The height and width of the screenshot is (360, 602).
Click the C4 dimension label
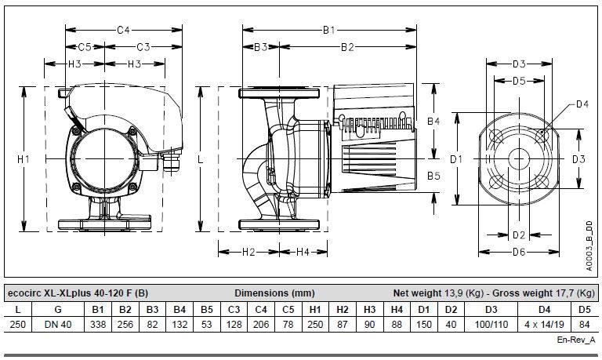point(124,30)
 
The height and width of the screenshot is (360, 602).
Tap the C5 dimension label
point(85,47)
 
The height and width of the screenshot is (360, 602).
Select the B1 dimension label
point(329,30)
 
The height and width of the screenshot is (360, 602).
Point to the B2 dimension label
point(347,47)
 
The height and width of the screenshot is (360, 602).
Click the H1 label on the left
point(24,158)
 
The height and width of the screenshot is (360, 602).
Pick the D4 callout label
point(582,104)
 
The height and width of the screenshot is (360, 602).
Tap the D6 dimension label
point(519,252)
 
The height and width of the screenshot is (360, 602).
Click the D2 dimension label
point(519,235)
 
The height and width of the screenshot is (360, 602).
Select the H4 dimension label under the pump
point(303,252)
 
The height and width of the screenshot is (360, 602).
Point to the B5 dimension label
point(433,176)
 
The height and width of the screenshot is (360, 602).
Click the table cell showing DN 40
point(58,324)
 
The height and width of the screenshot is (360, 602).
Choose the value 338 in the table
point(98,324)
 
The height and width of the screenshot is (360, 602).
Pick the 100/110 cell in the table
point(491,324)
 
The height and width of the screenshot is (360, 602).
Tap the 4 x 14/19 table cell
point(545,324)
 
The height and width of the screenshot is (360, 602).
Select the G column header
point(58,309)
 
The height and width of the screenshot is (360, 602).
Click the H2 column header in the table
point(343,309)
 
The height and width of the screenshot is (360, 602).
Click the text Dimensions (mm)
point(274,293)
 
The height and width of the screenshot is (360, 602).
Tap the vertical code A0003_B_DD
point(589,246)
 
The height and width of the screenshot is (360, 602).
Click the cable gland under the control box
point(172,162)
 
